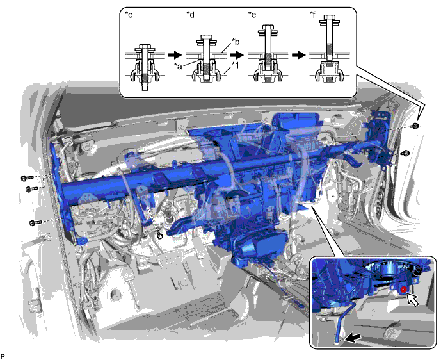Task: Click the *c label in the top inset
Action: click(129, 15)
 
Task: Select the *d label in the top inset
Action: click(190, 15)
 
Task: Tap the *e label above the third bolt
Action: click(252, 15)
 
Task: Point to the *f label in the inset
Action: click(312, 15)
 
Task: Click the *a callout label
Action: click(179, 66)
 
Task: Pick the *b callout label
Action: click(235, 42)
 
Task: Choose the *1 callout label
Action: click(235, 65)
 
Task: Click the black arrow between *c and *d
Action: click(175, 54)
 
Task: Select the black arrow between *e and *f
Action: click(298, 54)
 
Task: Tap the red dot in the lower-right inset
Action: click(403, 289)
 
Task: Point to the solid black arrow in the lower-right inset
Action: click(353, 338)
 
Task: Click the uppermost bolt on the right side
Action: click(415, 126)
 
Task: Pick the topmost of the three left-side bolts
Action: click(27, 178)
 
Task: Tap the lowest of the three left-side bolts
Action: click(35, 223)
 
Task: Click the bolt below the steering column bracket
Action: click(159, 234)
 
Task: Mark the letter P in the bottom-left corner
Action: click(3, 356)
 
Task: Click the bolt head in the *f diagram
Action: click(330, 18)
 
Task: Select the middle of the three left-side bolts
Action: click(31, 189)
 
